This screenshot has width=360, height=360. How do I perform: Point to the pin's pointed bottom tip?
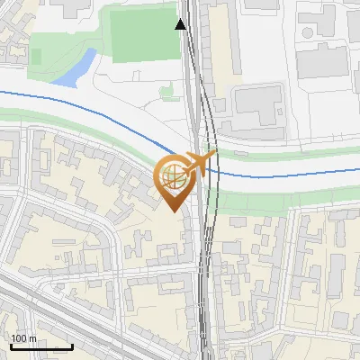(174, 211)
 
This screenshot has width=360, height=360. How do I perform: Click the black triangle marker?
(182, 24)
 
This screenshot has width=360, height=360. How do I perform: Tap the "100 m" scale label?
(24, 337)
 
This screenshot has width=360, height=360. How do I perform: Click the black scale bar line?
(41, 346)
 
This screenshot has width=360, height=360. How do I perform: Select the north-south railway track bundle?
(205, 270)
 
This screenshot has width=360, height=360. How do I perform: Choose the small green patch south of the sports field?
(167, 91)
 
